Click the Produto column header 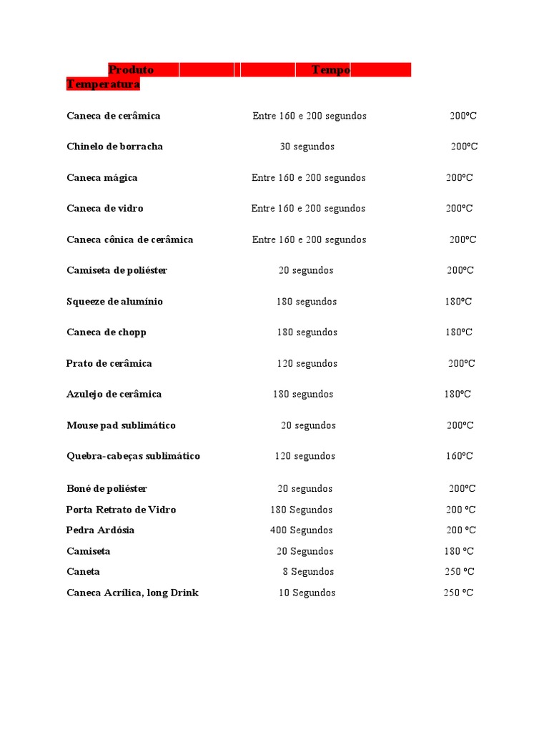pyautogui.click(x=131, y=70)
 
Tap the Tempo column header pyautogui.click(x=331, y=70)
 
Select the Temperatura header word pyautogui.click(x=103, y=84)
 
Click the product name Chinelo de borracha pyautogui.click(x=114, y=147)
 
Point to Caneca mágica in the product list pyautogui.click(x=102, y=177)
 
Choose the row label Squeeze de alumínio pyautogui.click(x=114, y=302)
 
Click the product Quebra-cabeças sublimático pyautogui.click(x=133, y=456)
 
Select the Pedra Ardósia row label pyautogui.click(x=100, y=530)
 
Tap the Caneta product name pyautogui.click(x=83, y=572)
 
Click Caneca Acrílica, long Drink pyautogui.click(x=132, y=593)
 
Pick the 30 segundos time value pyautogui.click(x=307, y=147)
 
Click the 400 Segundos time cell pyautogui.click(x=301, y=530)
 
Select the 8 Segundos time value pyautogui.click(x=308, y=572)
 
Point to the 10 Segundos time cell pyautogui.click(x=307, y=593)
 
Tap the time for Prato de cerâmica pyautogui.click(x=307, y=363)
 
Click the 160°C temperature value pyautogui.click(x=459, y=456)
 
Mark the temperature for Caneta pyautogui.click(x=459, y=572)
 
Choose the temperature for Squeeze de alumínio pyautogui.click(x=458, y=302)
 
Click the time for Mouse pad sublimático pyautogui.click(x=308, y=425)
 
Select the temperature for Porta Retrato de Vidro pyautogui.click(x=460, y=510)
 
